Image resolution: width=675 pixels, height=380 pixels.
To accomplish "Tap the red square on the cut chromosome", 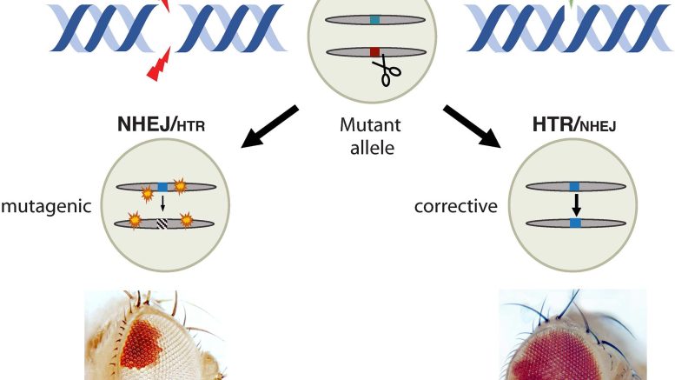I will (374, 52).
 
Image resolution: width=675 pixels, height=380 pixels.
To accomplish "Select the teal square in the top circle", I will (374, 18).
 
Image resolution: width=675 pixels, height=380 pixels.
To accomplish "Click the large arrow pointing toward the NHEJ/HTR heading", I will (269, 125).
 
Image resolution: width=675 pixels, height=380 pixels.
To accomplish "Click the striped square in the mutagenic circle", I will (162, 223).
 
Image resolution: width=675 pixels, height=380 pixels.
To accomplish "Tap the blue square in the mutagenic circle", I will (162, 186).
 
